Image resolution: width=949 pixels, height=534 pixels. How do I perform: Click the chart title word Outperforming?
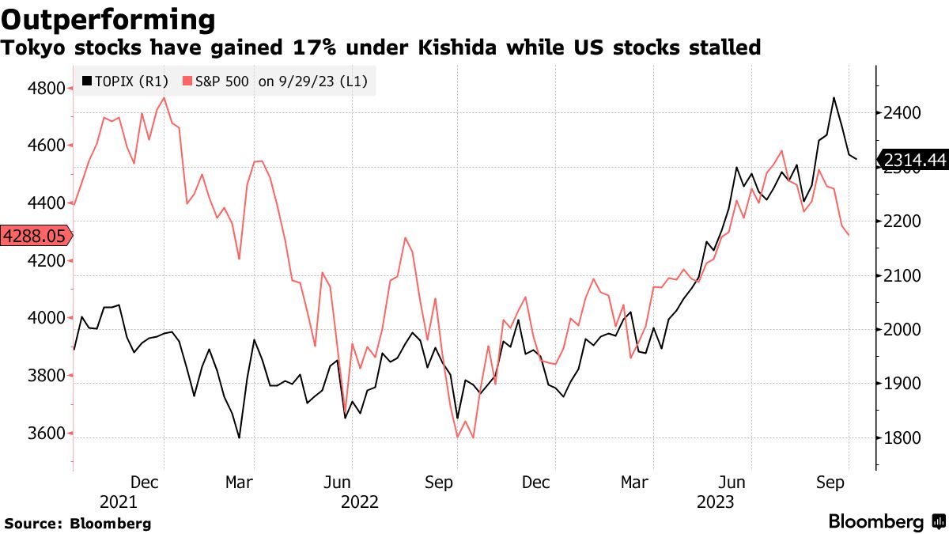point(110,19)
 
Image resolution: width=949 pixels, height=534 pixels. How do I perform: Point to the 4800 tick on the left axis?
point(47,88)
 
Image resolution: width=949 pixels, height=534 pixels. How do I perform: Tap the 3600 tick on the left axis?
point(47,434)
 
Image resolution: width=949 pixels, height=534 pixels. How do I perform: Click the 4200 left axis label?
point(47,260)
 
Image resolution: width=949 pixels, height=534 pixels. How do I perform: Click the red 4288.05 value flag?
point(35,236)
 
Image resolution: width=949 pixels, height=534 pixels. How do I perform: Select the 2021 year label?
point(119,502)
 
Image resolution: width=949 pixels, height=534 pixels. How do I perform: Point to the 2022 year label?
point(359,502)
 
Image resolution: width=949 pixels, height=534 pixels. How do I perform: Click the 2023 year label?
point(716,502)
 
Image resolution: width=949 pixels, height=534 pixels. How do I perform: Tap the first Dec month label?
point(146,482)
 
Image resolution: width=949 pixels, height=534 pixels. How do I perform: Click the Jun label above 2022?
point(338,482)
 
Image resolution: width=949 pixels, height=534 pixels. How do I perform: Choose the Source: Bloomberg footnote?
point(78,524)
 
